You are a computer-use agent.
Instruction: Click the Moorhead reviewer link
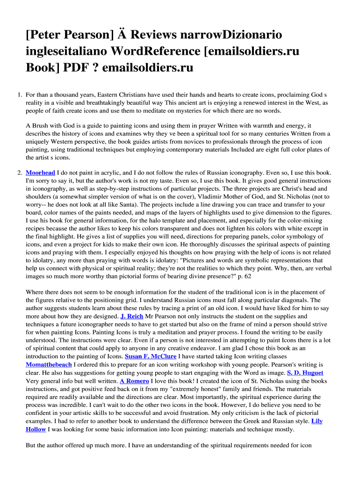tap(40, 173)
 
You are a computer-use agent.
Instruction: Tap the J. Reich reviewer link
tap(132, 317)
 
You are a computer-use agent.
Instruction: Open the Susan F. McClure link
tap(151, 356)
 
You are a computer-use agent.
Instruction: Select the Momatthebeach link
tap(49, 364)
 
